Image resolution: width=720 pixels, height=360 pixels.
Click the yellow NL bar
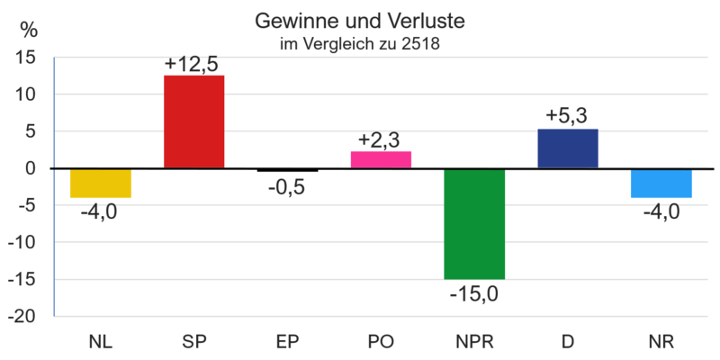pos(101,184)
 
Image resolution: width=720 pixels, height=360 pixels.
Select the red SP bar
pos(193,121)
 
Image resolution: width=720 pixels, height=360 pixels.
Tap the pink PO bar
pos(381,158)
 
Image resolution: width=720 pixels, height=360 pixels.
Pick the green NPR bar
pos(474,224)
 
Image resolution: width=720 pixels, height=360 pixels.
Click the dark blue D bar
pos(567,148)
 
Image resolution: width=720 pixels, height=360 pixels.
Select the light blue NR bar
pos(661,184)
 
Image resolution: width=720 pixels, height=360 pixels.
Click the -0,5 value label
pos(287,188)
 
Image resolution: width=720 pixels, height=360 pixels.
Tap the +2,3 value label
pos(380,140)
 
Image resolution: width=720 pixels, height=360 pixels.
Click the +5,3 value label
pos(567,117)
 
